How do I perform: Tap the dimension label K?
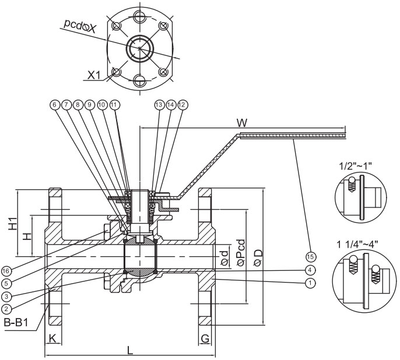click(52, 337)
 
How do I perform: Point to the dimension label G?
click(205, 337)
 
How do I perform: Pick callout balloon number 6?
click(55, 104)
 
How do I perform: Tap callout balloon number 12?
click(183, 104)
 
